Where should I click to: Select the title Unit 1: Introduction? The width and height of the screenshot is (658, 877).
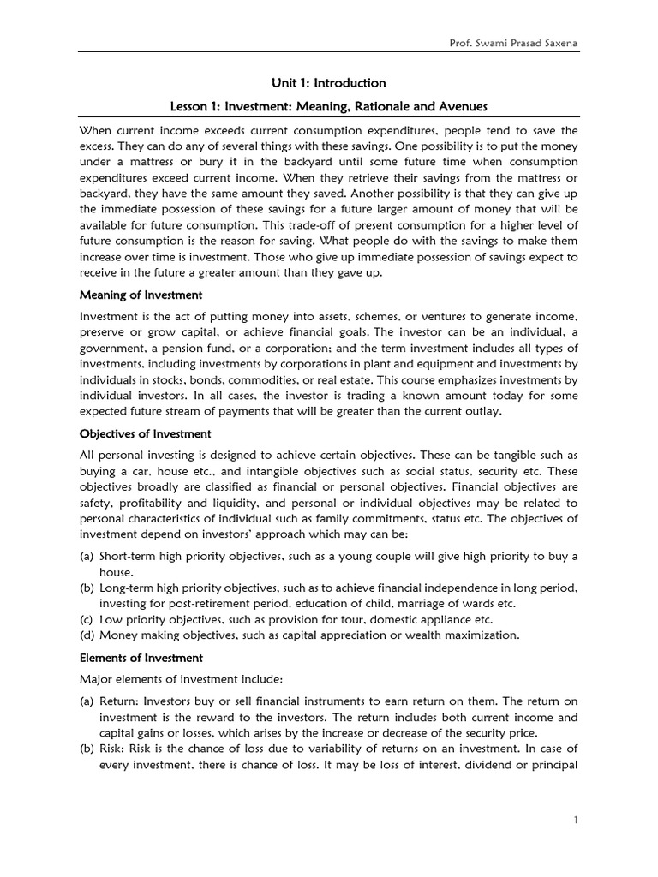[328, 83]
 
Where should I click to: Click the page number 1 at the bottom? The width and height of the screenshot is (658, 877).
[576, 820]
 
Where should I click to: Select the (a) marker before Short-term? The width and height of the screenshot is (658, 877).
[87, 556]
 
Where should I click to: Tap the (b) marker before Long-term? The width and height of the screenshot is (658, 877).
[87, 588]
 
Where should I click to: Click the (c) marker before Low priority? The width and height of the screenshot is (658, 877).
[87, 619]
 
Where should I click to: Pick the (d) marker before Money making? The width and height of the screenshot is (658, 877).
[87, 635]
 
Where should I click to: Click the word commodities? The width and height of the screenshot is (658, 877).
[302, 379]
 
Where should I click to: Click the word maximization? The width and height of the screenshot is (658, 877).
[482, 635]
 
